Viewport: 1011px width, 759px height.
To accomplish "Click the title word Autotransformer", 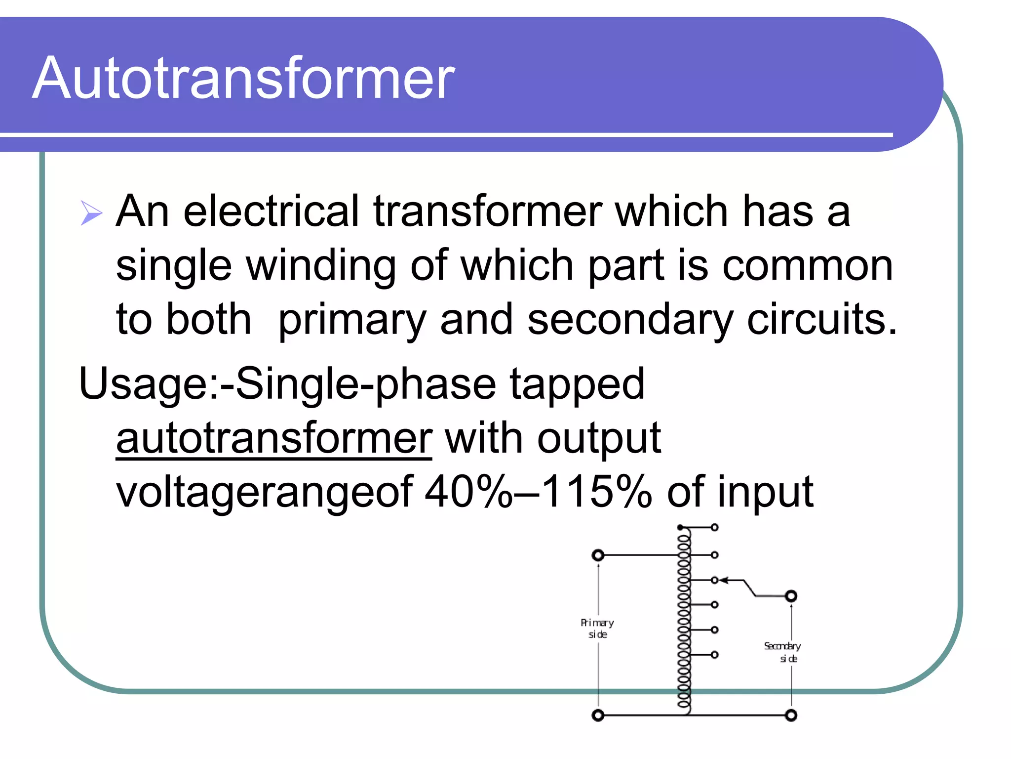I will [x=243, y=78].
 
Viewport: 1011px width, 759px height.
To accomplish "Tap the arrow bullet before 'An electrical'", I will [x=91, y=213].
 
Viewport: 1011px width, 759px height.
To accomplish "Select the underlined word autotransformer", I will [x=274, y=438].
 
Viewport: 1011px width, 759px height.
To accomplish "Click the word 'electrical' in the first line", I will [x=271, y=211].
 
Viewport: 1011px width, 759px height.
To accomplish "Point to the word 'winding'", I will [x=321, y=265].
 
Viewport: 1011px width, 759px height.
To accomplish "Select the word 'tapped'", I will [x=577, y=384].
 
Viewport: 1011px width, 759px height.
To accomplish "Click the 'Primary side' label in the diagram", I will [x=597, y=628].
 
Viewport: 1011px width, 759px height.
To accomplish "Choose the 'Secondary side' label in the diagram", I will [x=783, y=652].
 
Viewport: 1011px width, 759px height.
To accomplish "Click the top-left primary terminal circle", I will [x=598, y=555].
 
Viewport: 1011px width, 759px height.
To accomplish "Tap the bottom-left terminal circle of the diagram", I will [x=598, y=715].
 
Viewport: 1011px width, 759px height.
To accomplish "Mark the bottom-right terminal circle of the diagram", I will [x=791, y=715].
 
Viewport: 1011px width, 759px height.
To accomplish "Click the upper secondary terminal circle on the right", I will [x=791, y=596].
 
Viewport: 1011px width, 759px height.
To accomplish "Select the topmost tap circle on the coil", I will [x=714, y=528].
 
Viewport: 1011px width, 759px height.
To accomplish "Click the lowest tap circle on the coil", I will [x=714, y=655].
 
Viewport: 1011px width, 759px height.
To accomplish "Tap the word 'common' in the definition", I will [x=808, y=265].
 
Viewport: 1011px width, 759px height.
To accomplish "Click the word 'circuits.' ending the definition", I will [x=822, y=320].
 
